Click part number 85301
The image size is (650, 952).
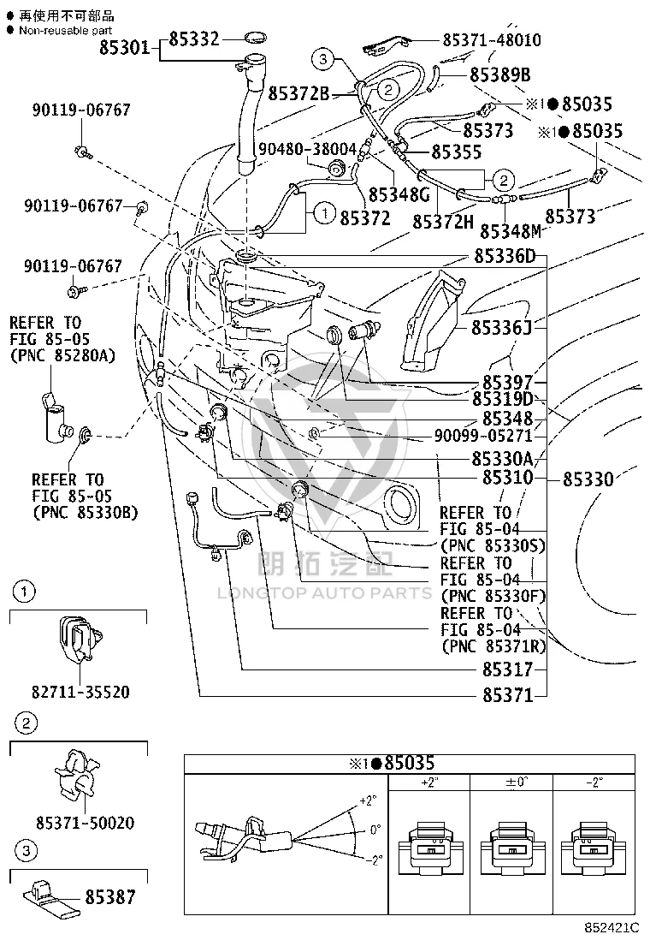click(124, 47)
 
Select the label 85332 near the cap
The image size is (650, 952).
click(194, 39)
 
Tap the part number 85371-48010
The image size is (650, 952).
click(492, 40)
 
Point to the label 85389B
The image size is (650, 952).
click(500, 74)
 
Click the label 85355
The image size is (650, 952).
click(457, 152)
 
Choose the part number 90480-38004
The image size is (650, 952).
click(307, 149)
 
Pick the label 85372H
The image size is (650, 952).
click(443, 223)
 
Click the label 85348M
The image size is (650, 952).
click(511, 231)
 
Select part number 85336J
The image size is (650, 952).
click(501, 328)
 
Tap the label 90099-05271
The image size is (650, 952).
click(483, 435)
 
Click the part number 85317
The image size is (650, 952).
click(507, 669)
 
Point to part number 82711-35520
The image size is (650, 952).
click(80, 692)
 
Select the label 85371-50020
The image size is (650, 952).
click(85, 823)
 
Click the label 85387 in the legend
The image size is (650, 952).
click(110, 896)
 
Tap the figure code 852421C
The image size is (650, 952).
click(612, 928)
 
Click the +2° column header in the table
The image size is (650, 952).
click(428, 782)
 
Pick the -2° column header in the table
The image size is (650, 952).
click(594, 782)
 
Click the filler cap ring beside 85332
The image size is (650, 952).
click(255, 39)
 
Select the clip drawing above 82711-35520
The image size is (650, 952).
click(80, 638)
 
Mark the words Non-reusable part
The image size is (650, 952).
click(66, 30)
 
